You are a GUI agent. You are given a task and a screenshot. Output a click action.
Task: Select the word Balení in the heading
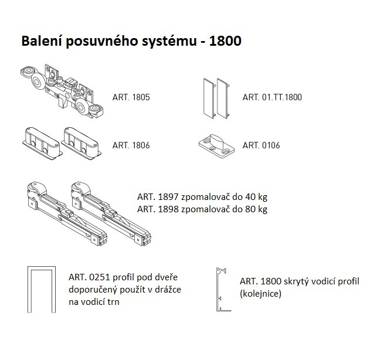pos(42,42)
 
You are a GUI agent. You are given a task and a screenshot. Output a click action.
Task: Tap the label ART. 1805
pos(131,97)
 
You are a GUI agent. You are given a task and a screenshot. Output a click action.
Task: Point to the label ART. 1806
pos(131,145)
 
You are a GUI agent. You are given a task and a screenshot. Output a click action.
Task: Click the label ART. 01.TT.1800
pos(272,97)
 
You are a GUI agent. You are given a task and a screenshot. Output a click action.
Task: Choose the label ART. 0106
pos(261,145)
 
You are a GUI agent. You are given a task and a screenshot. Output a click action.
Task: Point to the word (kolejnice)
pos(261,293)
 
